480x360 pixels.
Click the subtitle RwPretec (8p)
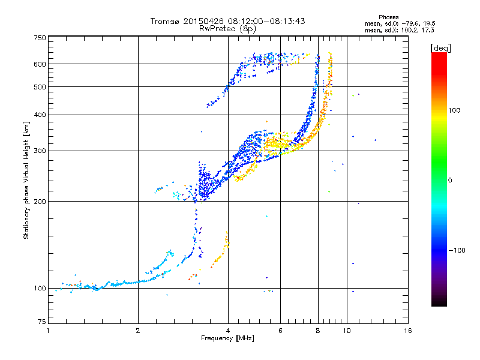[x=227, y=29]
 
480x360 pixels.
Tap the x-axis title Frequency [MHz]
[x=227, y=338]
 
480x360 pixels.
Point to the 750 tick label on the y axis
[x=40, y=38]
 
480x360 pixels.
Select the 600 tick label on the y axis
[x=40, y=64]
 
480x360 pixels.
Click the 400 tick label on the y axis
[x=40, y=115]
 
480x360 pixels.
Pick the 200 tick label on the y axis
[x=40, y=202]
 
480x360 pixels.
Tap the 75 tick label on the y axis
[x=42, y=322]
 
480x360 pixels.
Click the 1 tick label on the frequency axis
[x=49, y=331]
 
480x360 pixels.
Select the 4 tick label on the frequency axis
[x=228, y=331]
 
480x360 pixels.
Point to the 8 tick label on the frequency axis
[x=318, y=331]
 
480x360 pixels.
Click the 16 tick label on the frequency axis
[x=408, y=331]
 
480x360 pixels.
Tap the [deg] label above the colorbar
[x=440, y=48]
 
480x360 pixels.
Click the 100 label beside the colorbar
[x=454, y=110]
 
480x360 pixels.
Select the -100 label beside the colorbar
[x=457, y=250]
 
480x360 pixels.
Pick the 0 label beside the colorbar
[x=450, y=181]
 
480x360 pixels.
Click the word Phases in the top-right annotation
[x=388, y=17]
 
